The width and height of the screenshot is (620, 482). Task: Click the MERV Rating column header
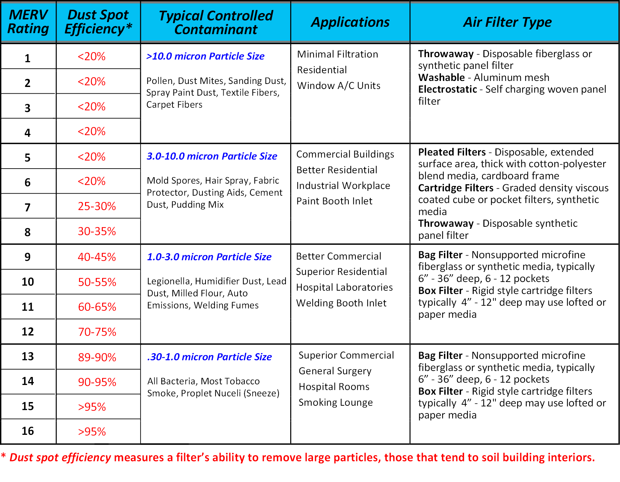28,22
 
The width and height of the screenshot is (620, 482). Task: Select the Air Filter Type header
507,22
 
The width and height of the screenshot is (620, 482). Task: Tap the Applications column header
350,22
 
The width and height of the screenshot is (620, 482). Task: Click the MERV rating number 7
27,207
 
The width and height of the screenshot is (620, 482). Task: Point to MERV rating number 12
28,331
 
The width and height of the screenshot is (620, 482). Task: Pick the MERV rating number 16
28,431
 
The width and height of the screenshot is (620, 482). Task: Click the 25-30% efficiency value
97,206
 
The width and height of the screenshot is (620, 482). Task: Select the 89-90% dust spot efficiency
97,357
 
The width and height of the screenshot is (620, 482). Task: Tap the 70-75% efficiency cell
97,332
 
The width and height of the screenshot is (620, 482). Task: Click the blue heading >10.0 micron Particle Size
205,56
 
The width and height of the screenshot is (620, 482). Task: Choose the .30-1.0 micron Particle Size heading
210,357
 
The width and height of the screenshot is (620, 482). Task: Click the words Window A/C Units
339,86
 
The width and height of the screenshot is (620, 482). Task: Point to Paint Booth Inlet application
334,201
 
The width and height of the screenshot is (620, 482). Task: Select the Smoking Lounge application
336,402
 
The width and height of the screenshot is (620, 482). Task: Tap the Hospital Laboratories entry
344,287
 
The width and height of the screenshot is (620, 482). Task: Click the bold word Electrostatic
448,89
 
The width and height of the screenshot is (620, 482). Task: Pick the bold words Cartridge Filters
456,188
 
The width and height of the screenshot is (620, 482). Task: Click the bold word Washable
442,78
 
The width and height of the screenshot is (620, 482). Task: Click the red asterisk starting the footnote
3,456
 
